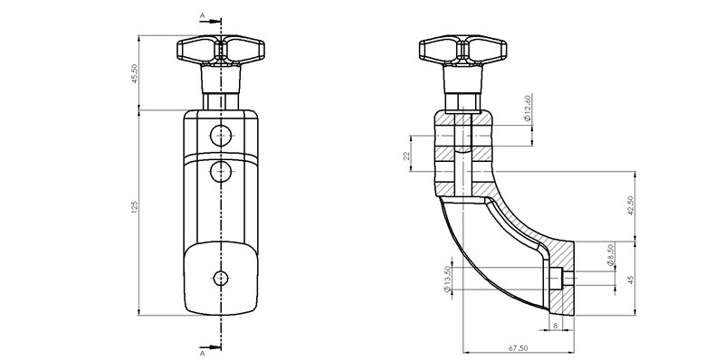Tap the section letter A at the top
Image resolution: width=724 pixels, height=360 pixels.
pos(201,15)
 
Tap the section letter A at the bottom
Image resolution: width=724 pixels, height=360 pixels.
pos(201,354)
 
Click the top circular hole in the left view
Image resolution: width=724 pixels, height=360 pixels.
pos(221,137)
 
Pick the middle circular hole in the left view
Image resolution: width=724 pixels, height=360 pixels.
pos(221,170)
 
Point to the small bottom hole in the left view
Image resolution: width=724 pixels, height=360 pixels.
pos(221,278)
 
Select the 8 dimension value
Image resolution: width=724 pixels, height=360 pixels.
pos(553,323)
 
